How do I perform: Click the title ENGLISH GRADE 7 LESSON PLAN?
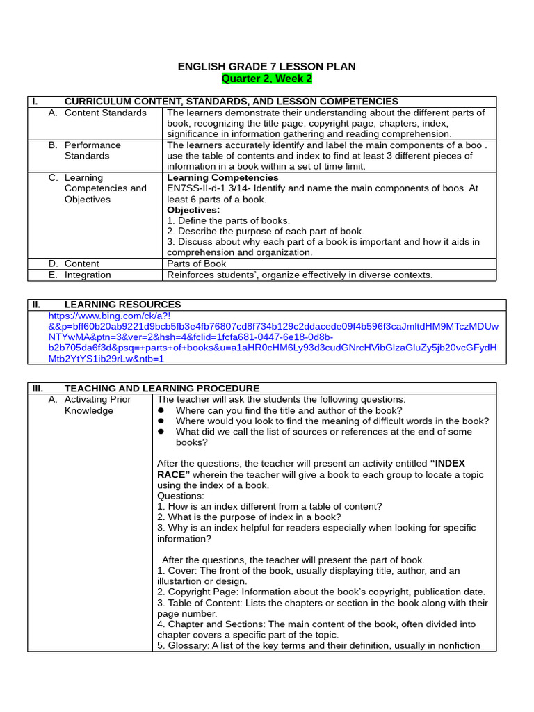pyautogui.click(x=266, y=67)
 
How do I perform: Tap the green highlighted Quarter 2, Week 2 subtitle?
pyautogui.click(x=266, y=79)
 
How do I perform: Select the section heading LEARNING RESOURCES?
pyautogui.click(x=122, y=305)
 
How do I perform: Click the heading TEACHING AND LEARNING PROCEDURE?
pyautogui.click(x=161, y=388)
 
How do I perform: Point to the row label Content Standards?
pyautogui.click(x=105, y=113)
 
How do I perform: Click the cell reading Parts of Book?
pyautogui.click(x=196, y=264)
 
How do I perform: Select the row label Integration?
pyautogui.click(x=88, y=275)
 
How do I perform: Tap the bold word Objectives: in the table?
pyautogui.click(x=193, y=210)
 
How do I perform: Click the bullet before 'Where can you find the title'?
pyautogui.click(x=161, y=410)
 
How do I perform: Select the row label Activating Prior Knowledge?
pyautogui.click(x=97, y=405)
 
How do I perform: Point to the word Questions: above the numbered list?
pyautogui.click(x=181, y=496)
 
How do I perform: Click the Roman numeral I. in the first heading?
pyautogui.click(x=34, y=102)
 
